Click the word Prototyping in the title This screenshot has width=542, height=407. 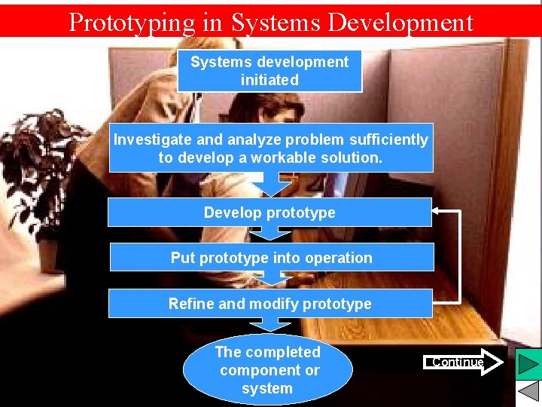coord(129,23)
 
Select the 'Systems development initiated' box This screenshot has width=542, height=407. coord(269,71)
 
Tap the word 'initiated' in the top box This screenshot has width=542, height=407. coord(269,80)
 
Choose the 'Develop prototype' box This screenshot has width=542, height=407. coord(269,213)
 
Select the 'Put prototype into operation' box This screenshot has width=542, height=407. coord(271,258)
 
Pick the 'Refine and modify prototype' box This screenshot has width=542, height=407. coord(270,304)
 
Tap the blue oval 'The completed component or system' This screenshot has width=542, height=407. coord(267,370)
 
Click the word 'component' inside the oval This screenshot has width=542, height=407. coord(269,371)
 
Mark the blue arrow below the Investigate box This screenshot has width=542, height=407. coord(269,184)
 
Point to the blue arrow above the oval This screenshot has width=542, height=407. coord(269,325)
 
